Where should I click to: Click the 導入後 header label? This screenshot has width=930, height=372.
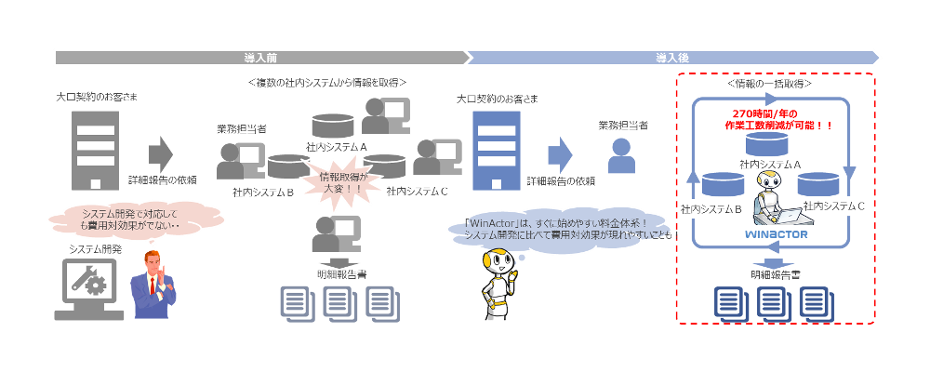click(x=671, y=58)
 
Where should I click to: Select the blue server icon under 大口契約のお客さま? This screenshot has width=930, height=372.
click(x=493, y=149)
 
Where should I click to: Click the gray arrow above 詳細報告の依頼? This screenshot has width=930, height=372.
click(x=161, y=153)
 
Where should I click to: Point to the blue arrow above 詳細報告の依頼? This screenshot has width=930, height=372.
click(x=559, y=153)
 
